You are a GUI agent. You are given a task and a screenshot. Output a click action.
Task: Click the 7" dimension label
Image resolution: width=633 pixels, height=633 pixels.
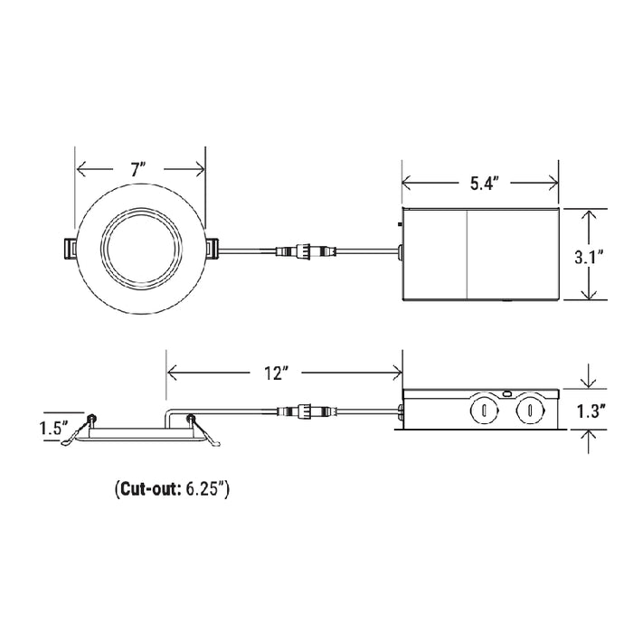coord(137,169)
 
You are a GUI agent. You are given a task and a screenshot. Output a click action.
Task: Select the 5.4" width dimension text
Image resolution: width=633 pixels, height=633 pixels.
coord(485,184)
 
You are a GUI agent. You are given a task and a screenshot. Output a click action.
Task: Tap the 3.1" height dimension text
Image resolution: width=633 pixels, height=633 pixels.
coord(590,257)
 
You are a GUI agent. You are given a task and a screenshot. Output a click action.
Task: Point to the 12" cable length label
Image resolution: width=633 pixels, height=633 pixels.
coord(275,373)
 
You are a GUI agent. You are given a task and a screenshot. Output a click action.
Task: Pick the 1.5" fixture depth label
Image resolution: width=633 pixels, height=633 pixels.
coord(53,428)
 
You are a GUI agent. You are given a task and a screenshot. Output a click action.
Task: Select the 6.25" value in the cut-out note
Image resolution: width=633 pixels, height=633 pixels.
coord(205,489)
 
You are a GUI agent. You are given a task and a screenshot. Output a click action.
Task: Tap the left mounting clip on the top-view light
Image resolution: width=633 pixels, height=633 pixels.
coord(71,249)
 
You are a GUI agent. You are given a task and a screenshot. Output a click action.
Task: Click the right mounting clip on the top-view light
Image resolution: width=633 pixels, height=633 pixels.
coord(212,249)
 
